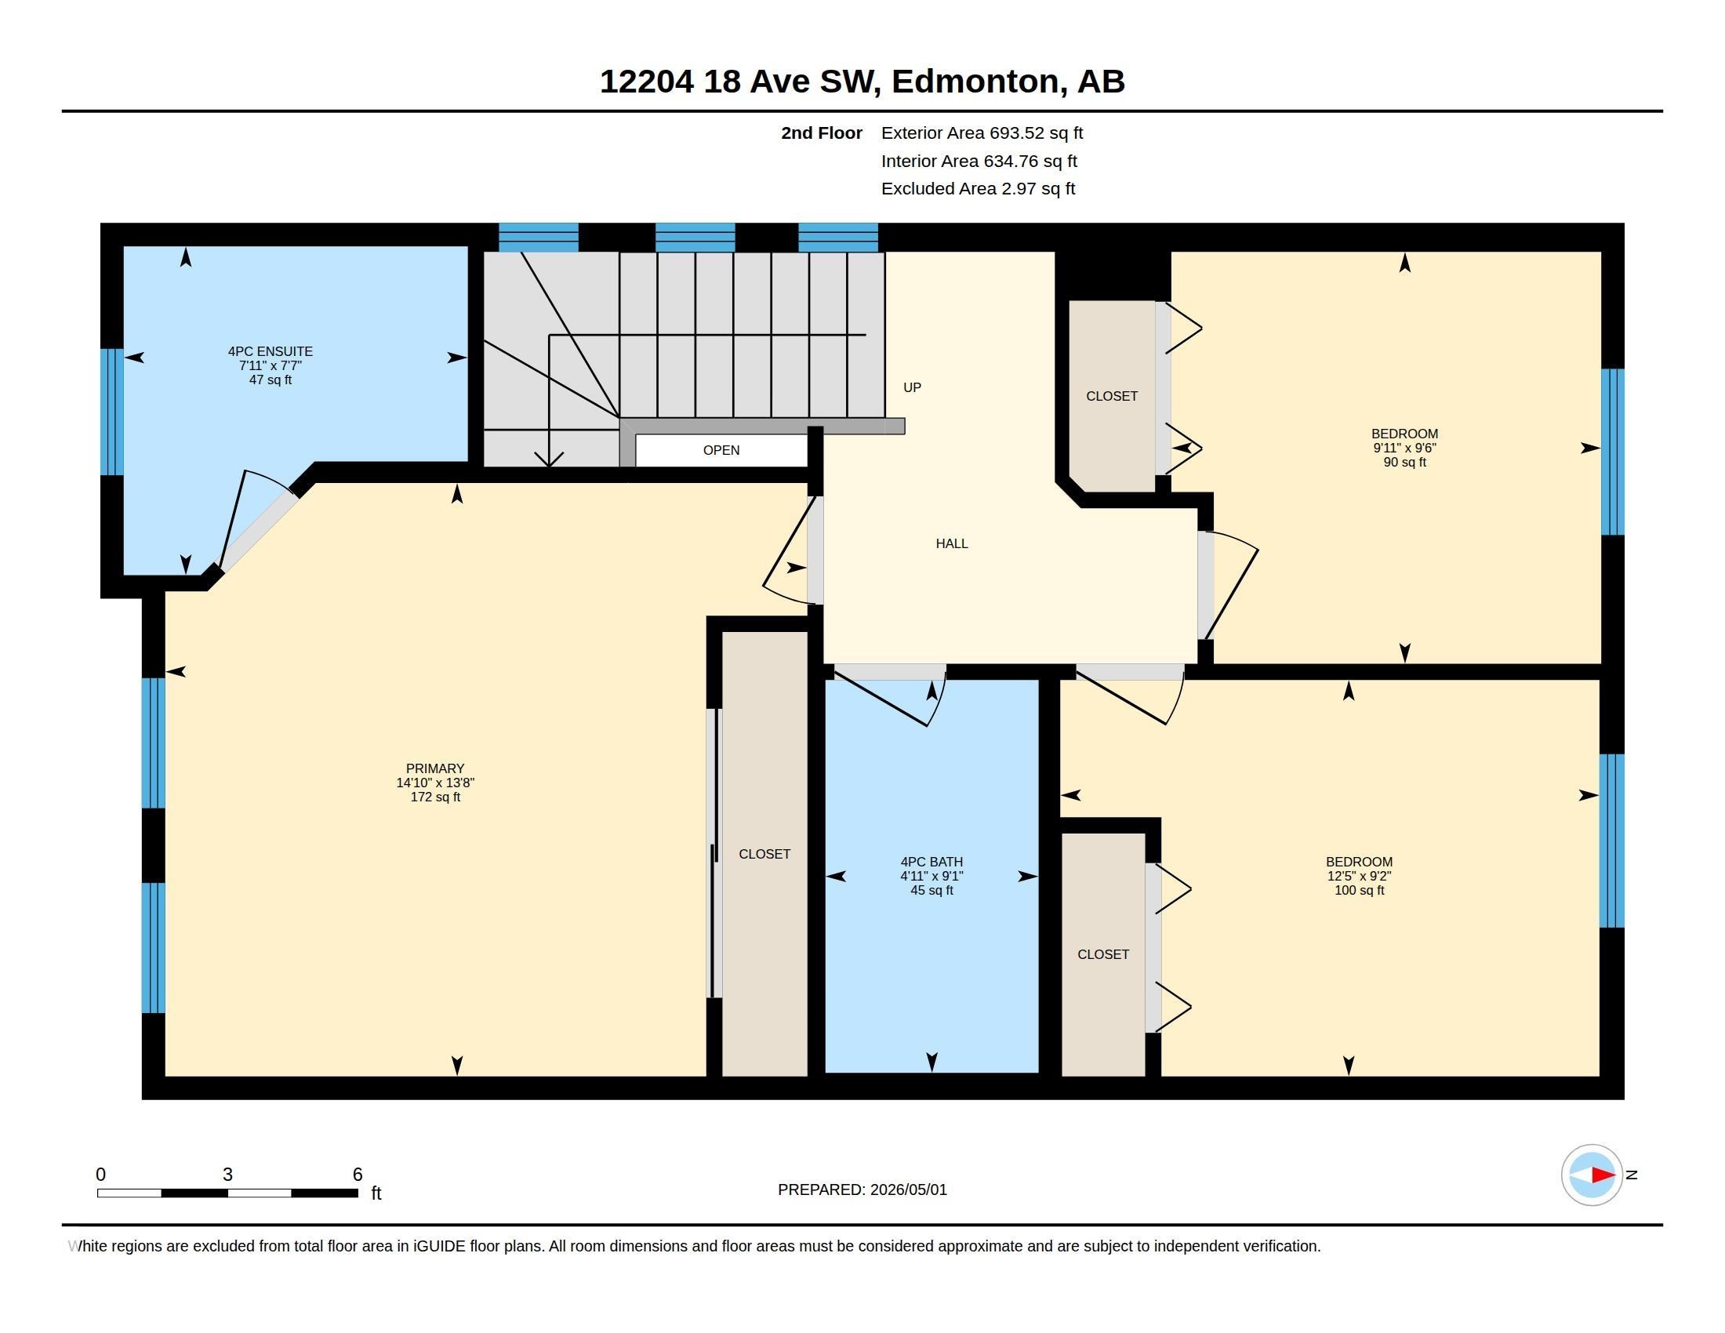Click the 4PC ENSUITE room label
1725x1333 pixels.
click(271, 351)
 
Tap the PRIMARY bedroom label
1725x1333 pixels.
click(435, 768)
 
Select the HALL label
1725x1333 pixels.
click(952, 543)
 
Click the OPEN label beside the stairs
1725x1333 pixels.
click(721, 450)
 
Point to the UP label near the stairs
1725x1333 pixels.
click(912, 387)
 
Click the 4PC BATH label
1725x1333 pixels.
click(932, 862)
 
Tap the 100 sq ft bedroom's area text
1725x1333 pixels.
click(1360, 890)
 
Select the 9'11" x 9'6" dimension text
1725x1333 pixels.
click(1404, 448)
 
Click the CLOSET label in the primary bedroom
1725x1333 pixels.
click(764, 854)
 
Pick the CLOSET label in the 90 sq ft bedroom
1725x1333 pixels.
click(1112, 396)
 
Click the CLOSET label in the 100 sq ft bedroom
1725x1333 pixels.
click(1103, 954)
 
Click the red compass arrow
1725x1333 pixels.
click(1603, 1175)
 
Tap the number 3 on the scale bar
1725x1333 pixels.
click(227, 1175)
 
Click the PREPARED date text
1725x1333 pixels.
click(862, 1190)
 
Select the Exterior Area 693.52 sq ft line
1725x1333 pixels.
click(982, 133)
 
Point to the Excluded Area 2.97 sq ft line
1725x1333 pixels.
click(978, 188)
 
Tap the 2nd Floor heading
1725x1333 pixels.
click(822, 133)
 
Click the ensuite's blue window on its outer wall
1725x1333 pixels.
click(112, 412)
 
